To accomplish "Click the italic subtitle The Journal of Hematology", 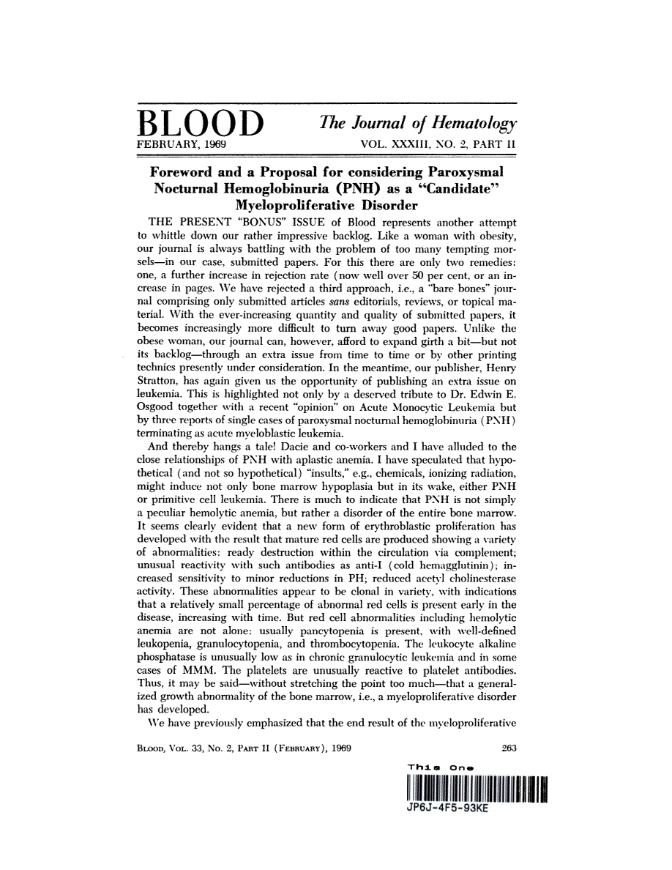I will (x=417, y=124).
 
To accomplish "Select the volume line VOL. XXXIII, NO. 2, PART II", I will (x=438, y=145).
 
